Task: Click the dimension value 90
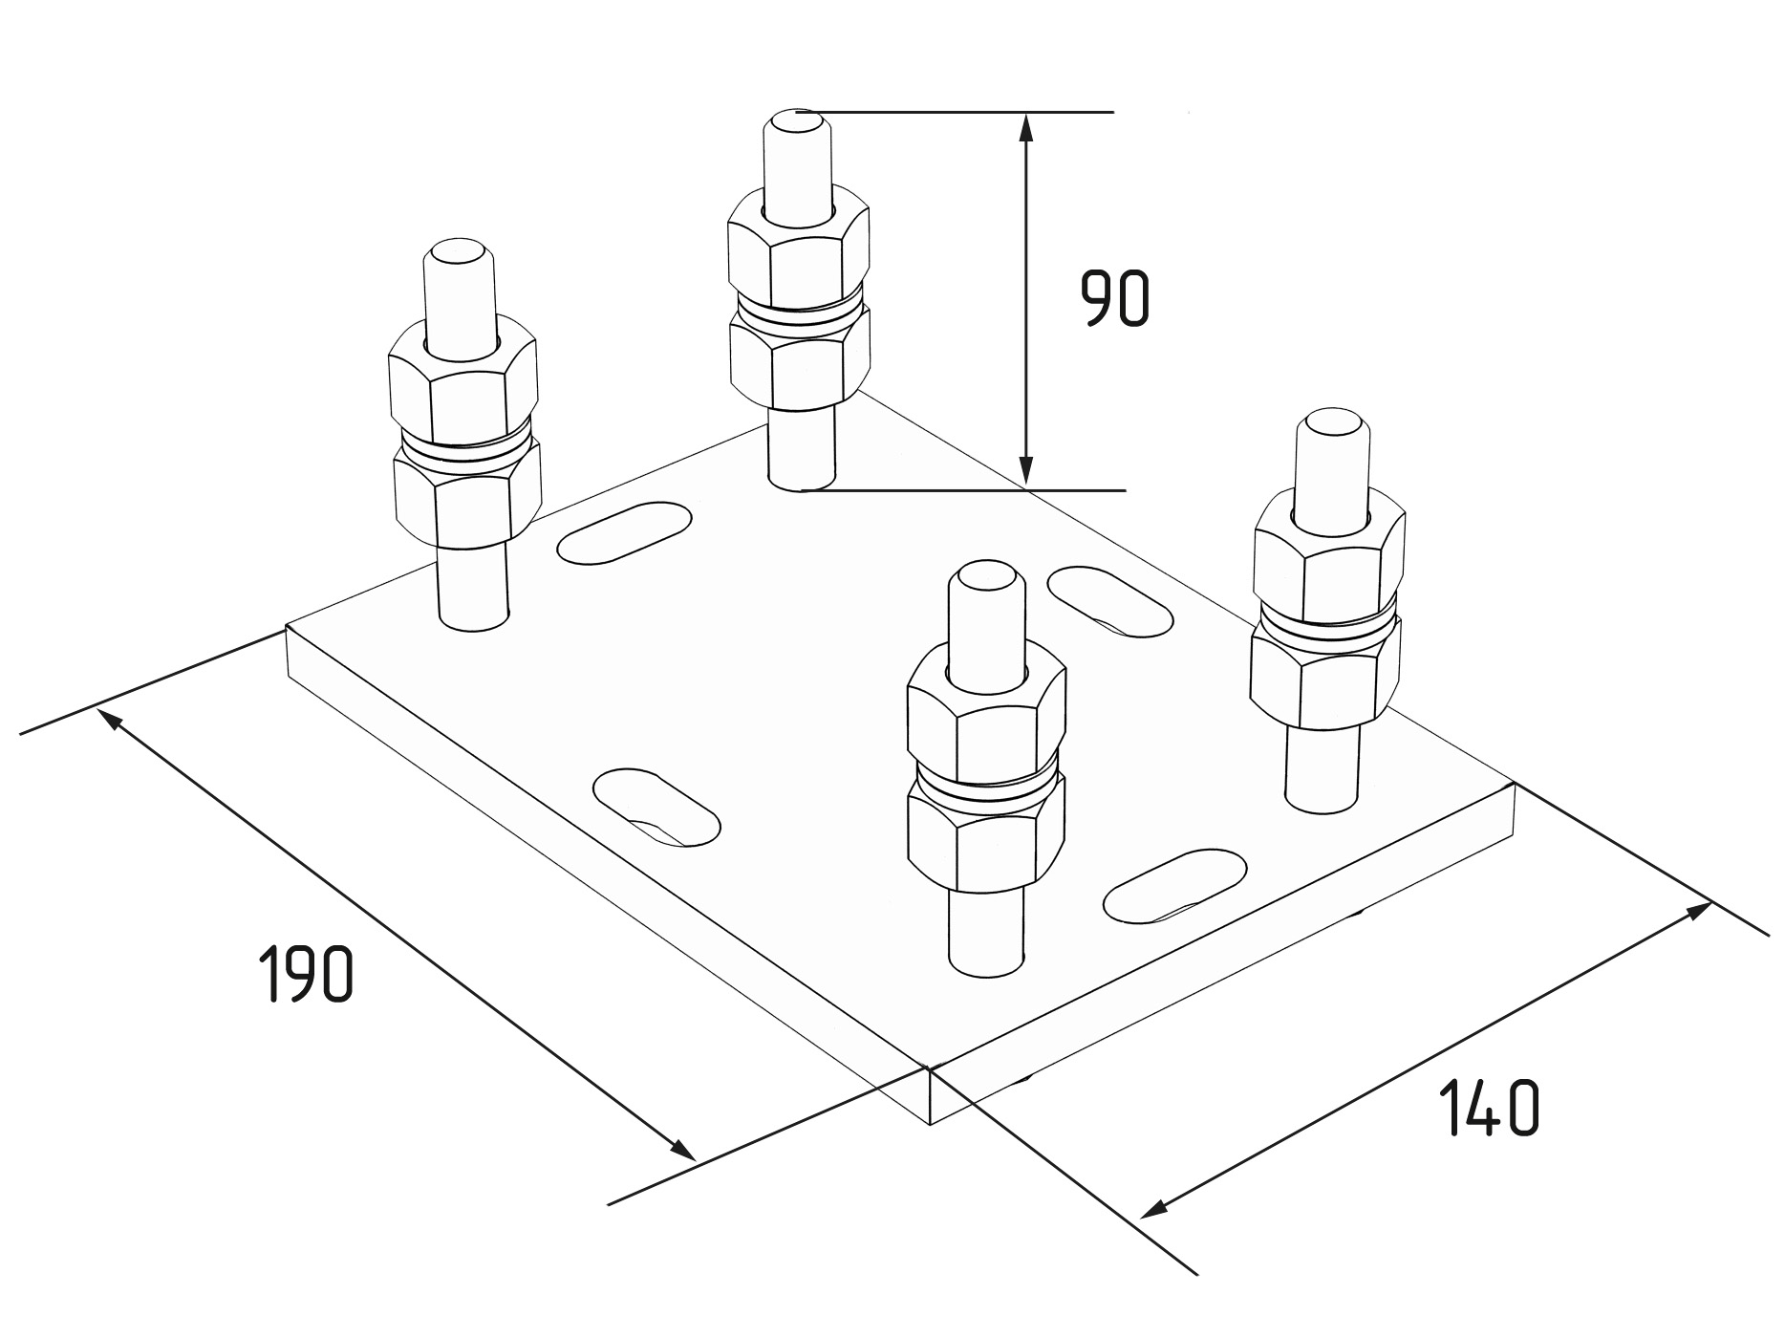point(1115,298)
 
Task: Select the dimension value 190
point(306,973)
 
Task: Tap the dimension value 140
point(1489,1108)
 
